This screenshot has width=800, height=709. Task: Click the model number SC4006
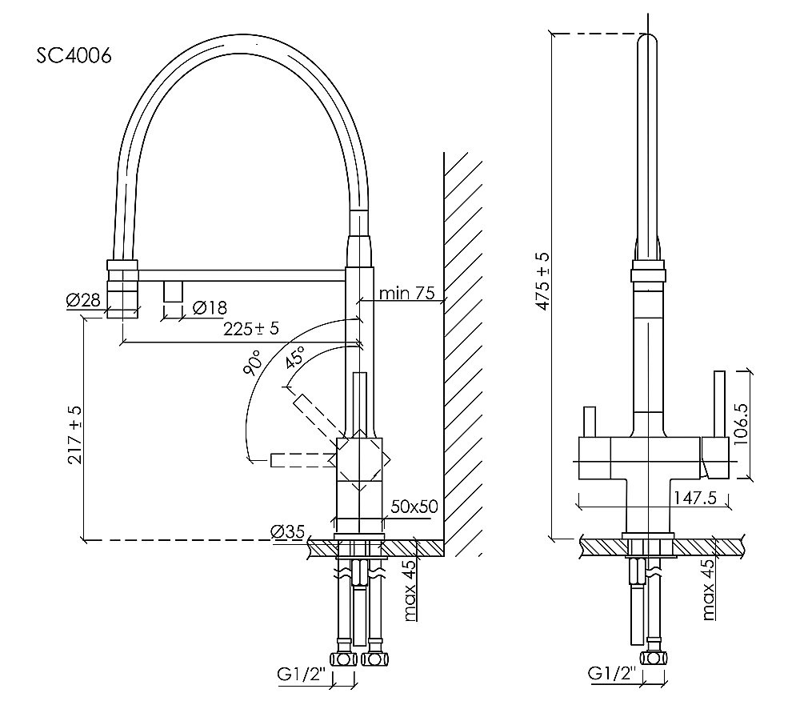click(x=74, y=55)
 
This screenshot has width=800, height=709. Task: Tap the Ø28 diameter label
click(x=83, y=301)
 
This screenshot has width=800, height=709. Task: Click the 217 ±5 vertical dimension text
click(x=76, y=437)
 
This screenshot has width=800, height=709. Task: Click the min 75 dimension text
click(x=406, y=293)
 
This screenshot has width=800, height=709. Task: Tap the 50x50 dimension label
click(x=414, y=507)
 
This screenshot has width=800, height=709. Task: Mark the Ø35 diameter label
click(x=288, y=531)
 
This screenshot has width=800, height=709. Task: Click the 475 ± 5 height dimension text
click(x=543, y=281)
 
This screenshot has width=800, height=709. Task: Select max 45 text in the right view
click(x=707, y=591)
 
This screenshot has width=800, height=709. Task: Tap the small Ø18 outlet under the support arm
click(x=173, y=291)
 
